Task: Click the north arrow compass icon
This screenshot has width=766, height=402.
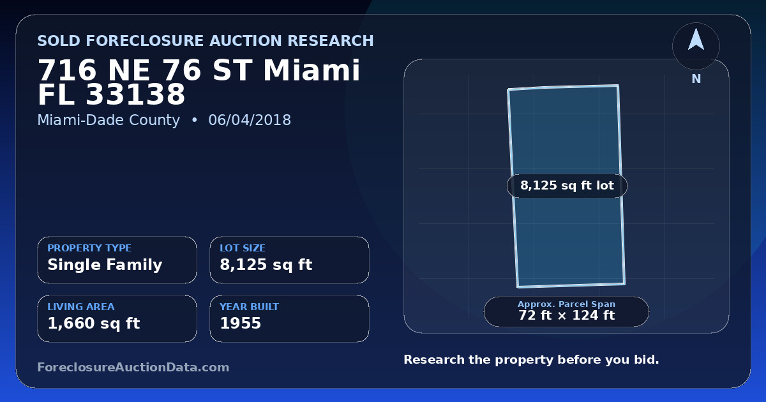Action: (696, 46)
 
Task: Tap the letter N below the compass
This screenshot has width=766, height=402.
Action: (696, 79)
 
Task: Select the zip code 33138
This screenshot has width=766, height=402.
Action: (135, 94)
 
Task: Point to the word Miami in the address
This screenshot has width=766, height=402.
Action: (312, 70)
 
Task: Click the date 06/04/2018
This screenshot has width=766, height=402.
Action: (250, 120)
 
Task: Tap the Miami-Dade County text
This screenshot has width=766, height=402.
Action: (109, 120)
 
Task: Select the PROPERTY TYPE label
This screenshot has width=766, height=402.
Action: (89, 248)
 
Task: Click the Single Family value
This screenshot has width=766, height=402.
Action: (105, 265)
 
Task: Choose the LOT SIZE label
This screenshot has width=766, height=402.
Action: (243, 248)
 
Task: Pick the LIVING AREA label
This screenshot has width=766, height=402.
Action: (81, 307)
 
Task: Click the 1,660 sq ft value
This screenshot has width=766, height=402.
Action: (94, 324)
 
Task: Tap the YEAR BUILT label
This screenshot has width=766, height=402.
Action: (250, 307)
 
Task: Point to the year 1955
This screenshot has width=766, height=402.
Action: (241, 324)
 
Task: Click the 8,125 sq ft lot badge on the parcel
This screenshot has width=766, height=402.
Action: (567, 186)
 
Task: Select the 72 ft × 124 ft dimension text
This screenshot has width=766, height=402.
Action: (567, 315)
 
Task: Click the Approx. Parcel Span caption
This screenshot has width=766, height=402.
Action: (566, 304)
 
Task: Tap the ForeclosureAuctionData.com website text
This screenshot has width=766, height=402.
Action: (133, 367)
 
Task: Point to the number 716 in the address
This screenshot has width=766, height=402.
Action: (67, 70)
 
